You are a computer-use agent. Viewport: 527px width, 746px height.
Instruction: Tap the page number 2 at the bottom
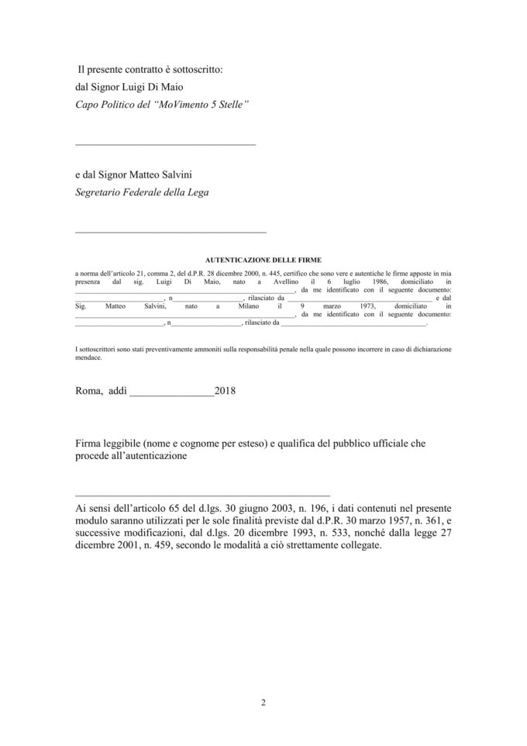(263, 703)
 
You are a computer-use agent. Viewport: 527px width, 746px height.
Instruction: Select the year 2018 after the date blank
(226, 391)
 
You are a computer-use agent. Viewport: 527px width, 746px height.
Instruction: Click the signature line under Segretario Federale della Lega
(170, 232)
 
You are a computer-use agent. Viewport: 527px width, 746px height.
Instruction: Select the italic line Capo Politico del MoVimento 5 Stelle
(162, 103)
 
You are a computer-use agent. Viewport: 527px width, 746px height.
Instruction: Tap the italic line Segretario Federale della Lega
(142, 192)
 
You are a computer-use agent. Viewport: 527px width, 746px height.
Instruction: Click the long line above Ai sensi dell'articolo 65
(202, 494)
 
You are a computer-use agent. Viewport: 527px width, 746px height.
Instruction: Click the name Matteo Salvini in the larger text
(158, 176)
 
